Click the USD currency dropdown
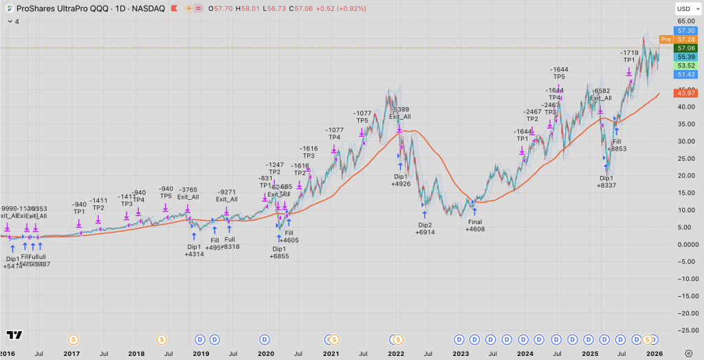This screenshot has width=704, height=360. coord(683,9)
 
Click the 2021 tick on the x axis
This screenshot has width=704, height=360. coord(331,353)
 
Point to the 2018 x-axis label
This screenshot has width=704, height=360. coord(136,353)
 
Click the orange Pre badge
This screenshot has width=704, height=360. coord(665,39)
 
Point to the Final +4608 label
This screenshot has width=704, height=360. coord(475,226)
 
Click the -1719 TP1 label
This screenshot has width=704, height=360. coord(628,56)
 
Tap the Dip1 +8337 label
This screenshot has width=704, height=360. coord(607,181)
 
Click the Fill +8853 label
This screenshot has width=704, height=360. coord(617,144)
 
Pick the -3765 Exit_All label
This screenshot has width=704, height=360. coord(188,193)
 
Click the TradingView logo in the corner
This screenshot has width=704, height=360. coord(14,335)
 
